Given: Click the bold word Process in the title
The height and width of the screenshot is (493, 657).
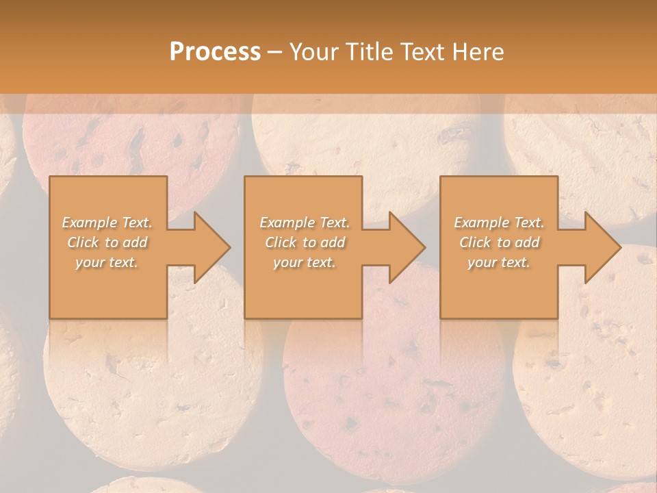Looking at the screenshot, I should coord(215,52).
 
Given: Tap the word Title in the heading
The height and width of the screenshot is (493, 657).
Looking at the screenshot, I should coord(368,52).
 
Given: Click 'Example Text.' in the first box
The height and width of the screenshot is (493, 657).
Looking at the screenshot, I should coord(107,223).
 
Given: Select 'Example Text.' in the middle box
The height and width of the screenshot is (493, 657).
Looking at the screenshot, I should coord(305,223).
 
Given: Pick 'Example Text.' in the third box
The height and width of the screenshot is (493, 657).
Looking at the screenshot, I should coord(499,223).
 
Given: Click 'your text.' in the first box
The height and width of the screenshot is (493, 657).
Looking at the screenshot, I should coord(107,262).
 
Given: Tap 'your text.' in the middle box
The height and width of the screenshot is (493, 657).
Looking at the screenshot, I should coord(305,262).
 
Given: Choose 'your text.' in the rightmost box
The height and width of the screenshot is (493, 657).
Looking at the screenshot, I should coord(499,262).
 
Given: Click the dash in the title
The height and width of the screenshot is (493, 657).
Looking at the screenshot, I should coord(275,53).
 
